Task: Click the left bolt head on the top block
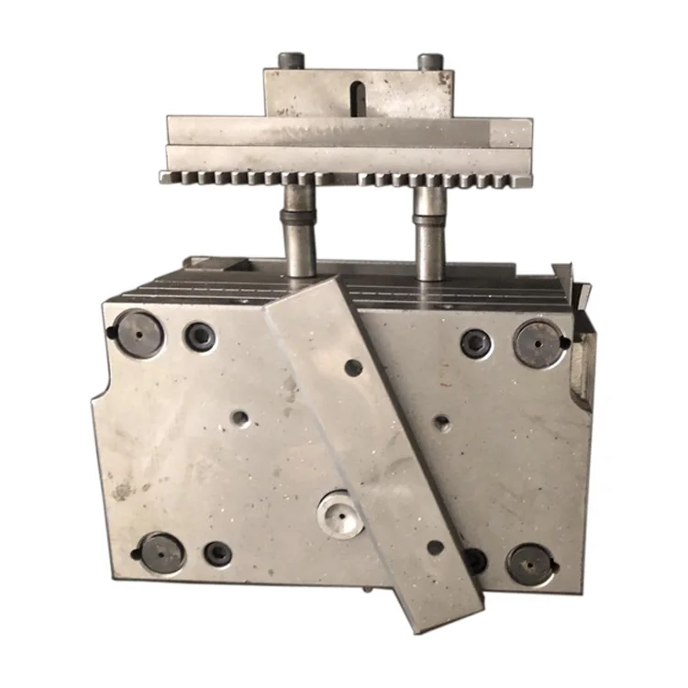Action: pyautogui.click(x=292, y=61)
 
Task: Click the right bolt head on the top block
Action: pyautogui.click(x=430, y=61)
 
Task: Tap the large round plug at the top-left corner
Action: pyautogui.click(x=140, y=334)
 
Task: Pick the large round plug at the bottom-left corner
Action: pyautogui.click(x=161, y=553)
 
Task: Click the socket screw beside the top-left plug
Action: pyautogui.click(x=200, y=336)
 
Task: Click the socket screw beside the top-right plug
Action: pyautogui.click(x=475, y=343)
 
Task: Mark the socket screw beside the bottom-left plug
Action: pyautogui.click(x=217, y=553)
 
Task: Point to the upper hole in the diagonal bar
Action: pyautogui.click(x=353, y=367)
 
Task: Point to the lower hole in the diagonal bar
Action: pyautogui.click(x=435, y=547)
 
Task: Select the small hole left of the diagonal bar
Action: pyautogui.click(x=239, y=418)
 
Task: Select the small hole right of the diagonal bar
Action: pyautogui.click(x=441, y=423)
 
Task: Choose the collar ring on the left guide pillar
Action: pyautogui.click(x=298, y=218)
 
